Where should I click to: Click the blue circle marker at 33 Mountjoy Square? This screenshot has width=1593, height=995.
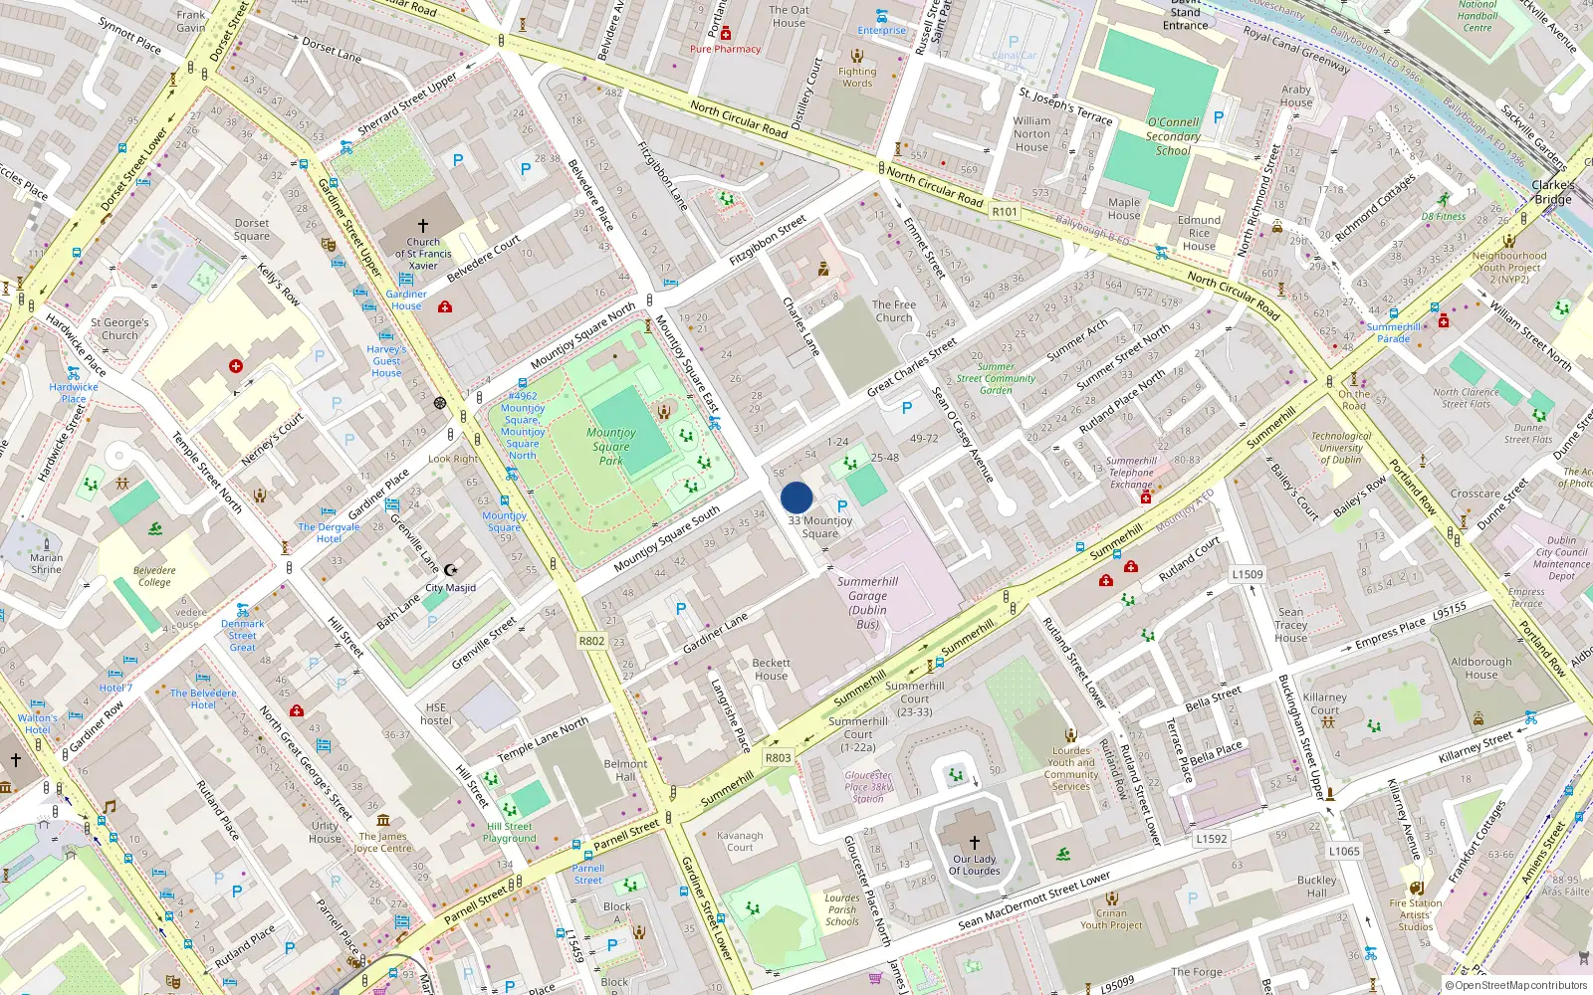coord(796,497)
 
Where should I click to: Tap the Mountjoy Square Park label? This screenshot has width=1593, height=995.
coord(611,447)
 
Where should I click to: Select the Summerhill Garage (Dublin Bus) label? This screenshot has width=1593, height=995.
coord(867,603)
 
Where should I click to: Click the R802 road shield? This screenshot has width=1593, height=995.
coord(592,641)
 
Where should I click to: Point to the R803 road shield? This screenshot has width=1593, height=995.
coord(778,758)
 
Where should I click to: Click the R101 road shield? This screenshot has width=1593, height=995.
coord(1005,212)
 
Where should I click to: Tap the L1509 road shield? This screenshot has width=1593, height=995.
coord(1248,574)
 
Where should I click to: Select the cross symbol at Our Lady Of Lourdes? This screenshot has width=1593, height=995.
coord(975,842)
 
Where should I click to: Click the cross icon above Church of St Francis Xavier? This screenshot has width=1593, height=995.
coord(423,226)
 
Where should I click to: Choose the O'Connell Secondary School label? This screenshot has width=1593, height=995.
coord(1173,136)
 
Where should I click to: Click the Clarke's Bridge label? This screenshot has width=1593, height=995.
coord(1553,192)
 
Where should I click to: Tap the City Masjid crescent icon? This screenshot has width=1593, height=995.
coord(450,570)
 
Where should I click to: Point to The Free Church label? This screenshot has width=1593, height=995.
coord(894,311)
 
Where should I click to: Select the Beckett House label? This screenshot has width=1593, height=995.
coord(772,670)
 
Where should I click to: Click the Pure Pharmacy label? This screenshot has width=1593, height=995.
coord(725,49)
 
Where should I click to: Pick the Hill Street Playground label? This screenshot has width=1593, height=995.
coord(510,833)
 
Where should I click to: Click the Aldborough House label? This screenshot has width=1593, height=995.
coord(1480,668)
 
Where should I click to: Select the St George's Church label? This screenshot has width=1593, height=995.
coord(119,328)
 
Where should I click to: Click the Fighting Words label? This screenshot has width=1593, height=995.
coord(857,77)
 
